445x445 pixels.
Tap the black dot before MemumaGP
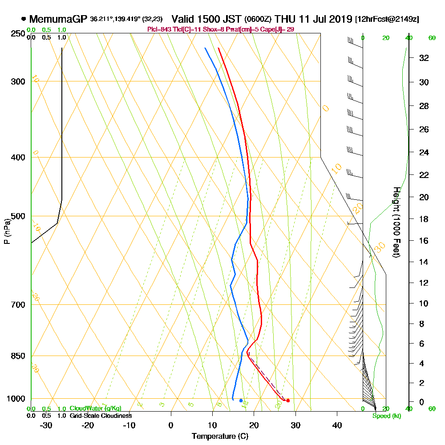click(x=23, y=19)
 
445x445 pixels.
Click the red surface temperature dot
click(x=288, y=400)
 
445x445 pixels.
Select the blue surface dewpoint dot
click(x=241, y=400)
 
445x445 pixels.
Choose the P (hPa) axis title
click(x=7, y=231)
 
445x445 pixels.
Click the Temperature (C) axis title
click(x=220, y=436)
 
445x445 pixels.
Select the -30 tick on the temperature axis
click(x=46, y=425)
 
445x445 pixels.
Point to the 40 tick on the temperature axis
click(x=337, y=425)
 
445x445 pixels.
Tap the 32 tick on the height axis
click(x=424, y=58)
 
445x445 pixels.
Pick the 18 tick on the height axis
click(x=424, y=219)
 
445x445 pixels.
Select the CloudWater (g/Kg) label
click(x=95, y=409)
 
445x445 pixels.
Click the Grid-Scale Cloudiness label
click(x=100, y=416)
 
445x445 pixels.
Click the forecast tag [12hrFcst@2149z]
click(x=386, y=20)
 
